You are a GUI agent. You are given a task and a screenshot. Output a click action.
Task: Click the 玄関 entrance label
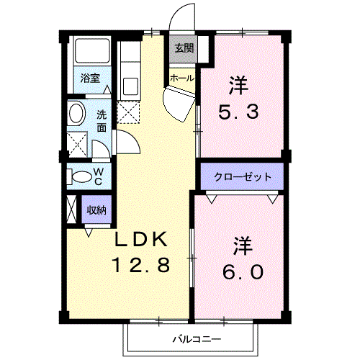pos(183,48)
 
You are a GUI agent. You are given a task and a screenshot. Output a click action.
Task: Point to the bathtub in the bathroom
pos(91,53)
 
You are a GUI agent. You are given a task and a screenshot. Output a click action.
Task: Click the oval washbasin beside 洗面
pos(76,113)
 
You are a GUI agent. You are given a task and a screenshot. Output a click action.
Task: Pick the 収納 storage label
pos(96,210)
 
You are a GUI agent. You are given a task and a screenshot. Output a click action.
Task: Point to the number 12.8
pos(140,266)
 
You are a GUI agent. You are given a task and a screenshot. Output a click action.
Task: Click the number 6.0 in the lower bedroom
pos(242,273)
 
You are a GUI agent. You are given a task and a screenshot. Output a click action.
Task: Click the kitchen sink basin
pos(131,86)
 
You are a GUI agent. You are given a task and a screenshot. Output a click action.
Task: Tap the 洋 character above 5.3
pos(238,85)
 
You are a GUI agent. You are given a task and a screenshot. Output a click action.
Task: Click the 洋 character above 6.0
pos(242,246)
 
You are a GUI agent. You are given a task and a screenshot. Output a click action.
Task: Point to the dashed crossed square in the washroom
pos(77,142)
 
